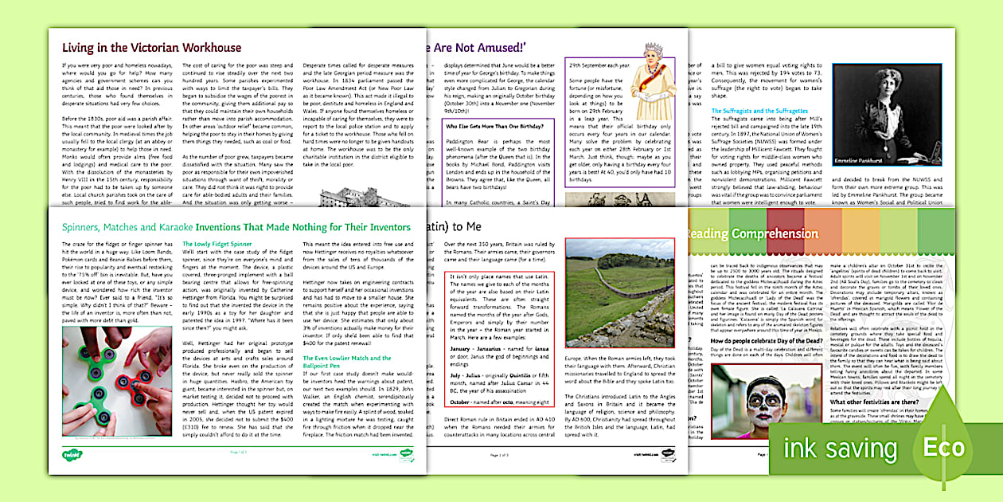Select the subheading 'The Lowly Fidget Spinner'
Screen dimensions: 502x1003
[217, 244]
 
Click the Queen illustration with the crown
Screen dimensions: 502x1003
[653, 80]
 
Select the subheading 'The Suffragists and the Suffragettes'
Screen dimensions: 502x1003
[759, 111]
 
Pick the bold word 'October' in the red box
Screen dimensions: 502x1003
[466, 401]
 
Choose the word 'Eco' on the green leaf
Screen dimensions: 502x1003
[944, 448]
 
